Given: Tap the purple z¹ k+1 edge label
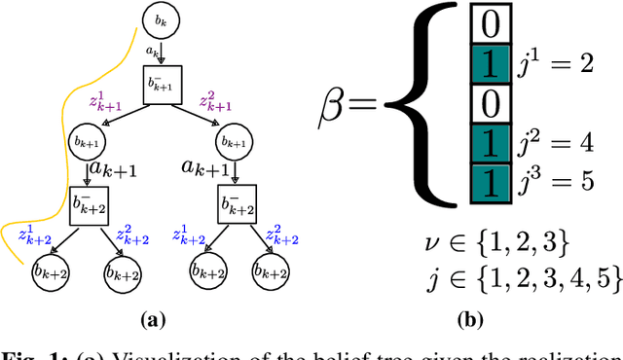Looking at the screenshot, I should pyautogui.click(x=103, y=101).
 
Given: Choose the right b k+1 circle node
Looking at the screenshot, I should pyautogui.click(x=235, y=143).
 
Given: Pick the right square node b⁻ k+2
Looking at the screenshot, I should pyautogui.click(x=235, y=206).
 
